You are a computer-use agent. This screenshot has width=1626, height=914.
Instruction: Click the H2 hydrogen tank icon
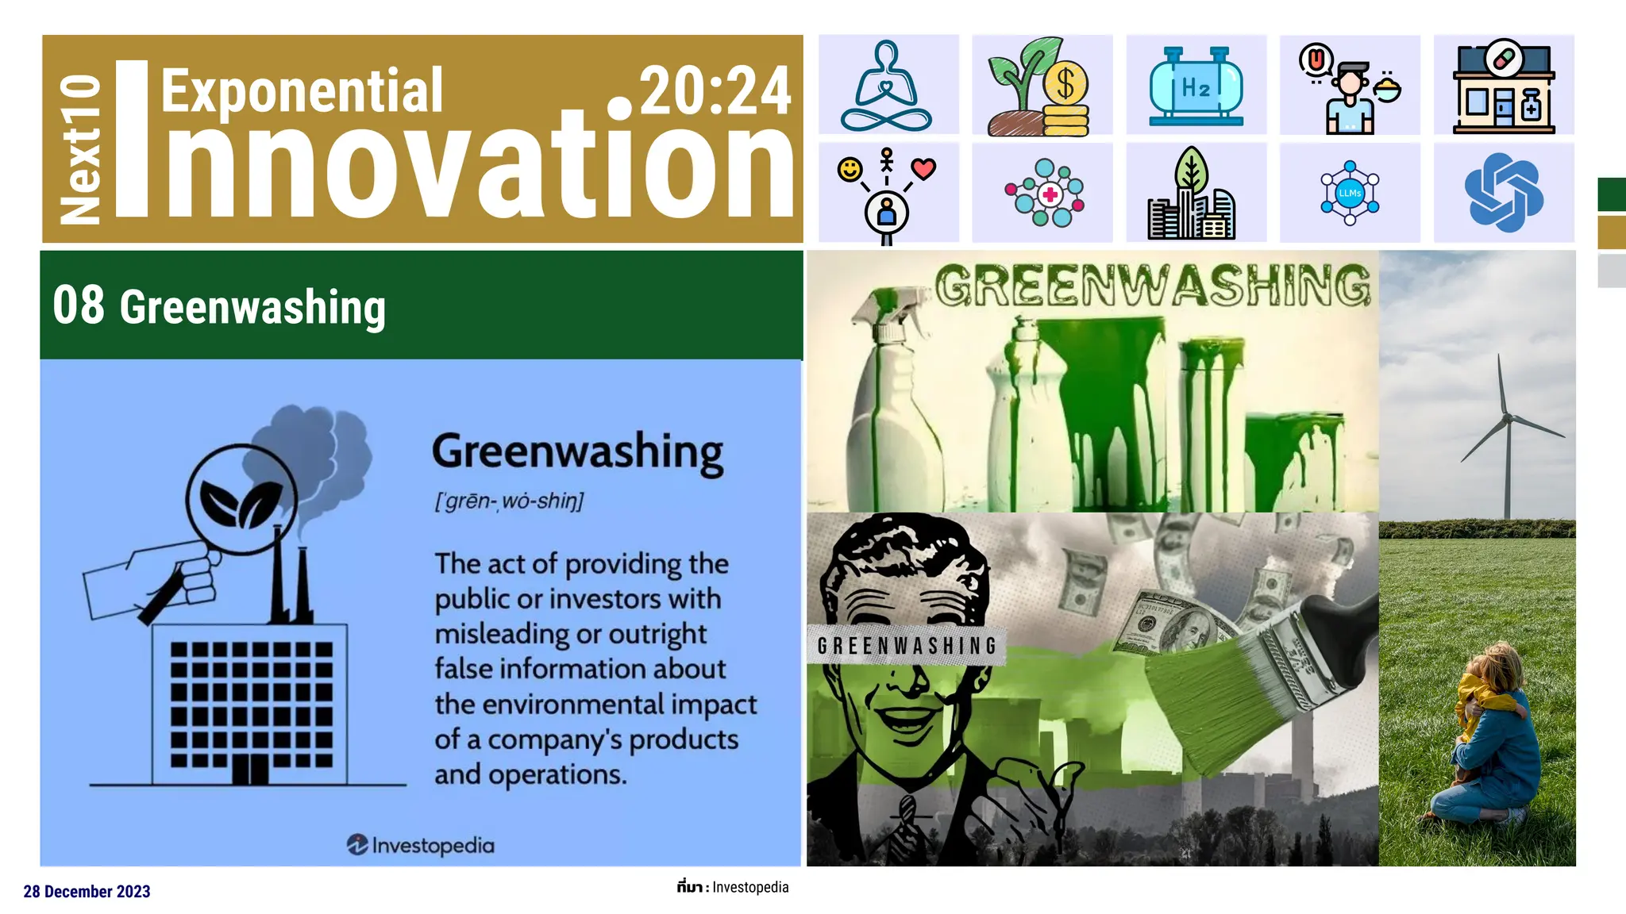(x=1196, y=86)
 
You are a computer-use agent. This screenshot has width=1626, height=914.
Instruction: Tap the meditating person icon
(x=888, y=86)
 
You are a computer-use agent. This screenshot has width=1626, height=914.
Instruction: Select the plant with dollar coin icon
(x=1041, y=86)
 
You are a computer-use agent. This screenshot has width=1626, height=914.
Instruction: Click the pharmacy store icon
(x=1503, y=86)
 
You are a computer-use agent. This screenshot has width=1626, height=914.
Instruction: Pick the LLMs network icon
(x=1350, y=193)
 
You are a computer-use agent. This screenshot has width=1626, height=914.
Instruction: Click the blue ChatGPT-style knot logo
(x=1503, y=193)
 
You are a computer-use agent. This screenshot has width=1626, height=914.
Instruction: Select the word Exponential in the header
(x=302, y=91)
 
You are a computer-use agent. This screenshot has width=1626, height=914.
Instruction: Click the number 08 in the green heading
(x=78, y=305)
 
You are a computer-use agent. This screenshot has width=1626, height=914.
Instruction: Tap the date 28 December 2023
(x=87, y=892)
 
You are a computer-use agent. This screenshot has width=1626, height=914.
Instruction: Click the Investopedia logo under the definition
(x=421, y=845)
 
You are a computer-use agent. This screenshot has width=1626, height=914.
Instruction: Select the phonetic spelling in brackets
(x=509, y=501)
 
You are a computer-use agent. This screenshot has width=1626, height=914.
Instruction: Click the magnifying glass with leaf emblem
(x=241, y=501)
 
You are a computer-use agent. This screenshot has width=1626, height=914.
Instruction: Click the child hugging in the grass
(x=1485, y=730)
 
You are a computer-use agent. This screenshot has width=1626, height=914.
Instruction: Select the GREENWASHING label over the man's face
(x=907, y=645)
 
